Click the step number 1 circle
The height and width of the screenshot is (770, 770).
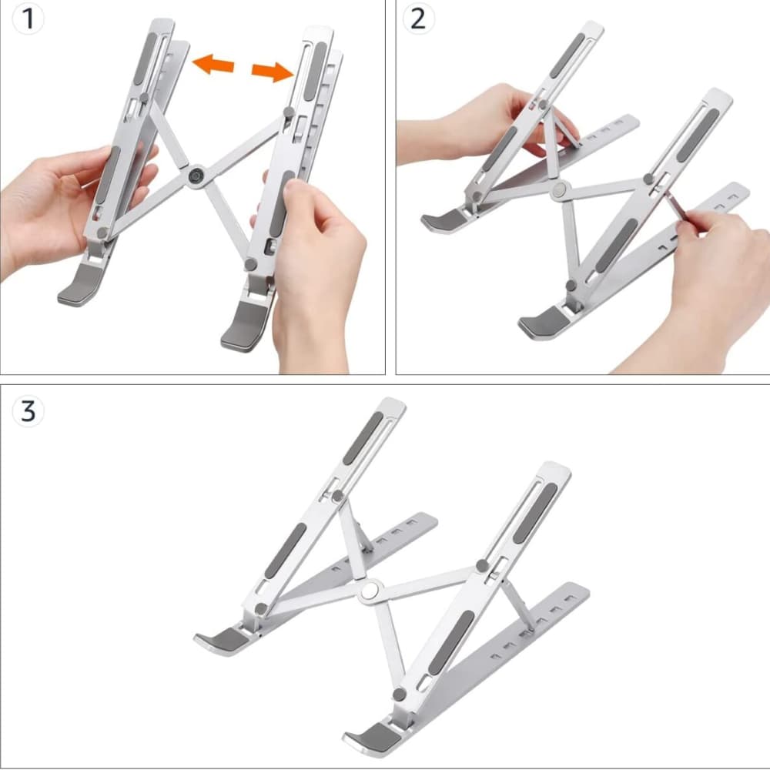[28, 19]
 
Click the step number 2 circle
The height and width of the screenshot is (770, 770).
[418, 19]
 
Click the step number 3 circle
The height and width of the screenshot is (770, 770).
[28, 410]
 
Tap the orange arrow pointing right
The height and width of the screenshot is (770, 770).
[273, 72]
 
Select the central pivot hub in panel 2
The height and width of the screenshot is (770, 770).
[559, 190]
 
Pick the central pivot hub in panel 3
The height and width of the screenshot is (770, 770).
[370, 591]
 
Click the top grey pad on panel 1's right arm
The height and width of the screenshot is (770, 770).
[315, 71]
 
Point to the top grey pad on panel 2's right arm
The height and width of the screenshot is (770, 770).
[698, 136]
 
